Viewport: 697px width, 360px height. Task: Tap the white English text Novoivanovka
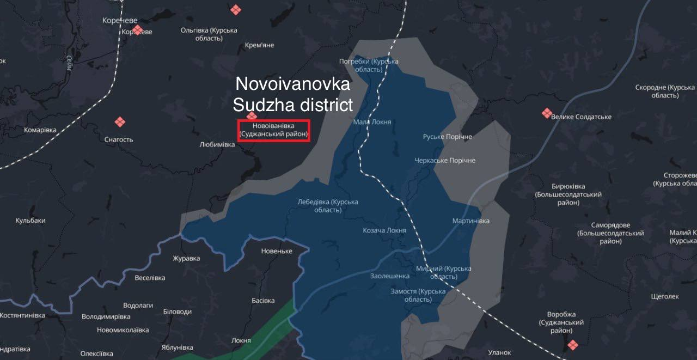pyautogui.click(x=292, y=85)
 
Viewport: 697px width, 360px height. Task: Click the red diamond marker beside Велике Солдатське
pyautogui.click(x=547, y=113)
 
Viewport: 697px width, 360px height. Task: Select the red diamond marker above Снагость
pyautogui.click(x=120, y=122)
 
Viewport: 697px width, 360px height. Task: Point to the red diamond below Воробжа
pyautogui.click(x=572, y=345)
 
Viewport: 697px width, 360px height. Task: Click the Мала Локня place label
pyautogui.click(x=372, y=122)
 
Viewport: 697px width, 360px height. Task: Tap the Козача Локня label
pyautogui.click(x=384, y=230)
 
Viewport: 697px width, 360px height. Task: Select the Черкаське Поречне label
pyautogui.click(x=445, y=161)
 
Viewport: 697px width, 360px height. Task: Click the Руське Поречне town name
pyautogui.click(x=447, y=137)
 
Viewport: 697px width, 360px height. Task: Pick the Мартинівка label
pyautogui.click(x=470, y=221)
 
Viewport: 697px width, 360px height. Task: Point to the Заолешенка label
pyautogui.click(x=389, y=276)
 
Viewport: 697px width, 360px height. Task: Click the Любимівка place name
pyautogui.click(x=217, y=145)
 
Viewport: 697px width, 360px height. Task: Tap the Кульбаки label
pyautogui.click(x=30, y=221)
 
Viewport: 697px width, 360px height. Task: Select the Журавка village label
pyautogui.click(x=186, y=259)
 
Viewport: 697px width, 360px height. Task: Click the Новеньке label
pyautogui.click(x=277, y=251)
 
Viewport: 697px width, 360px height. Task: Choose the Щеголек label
pyautogui.click(x=665, y=296)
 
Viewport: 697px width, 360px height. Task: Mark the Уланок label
pyautogui.click(x=499, y=353)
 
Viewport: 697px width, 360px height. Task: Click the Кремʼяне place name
pyautogui.click(x=260, y=45)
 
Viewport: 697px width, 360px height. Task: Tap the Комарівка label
pyautogui.click(x=40, y=130)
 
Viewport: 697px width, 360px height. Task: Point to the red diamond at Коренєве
pyautogui.click(x=137, y=29)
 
